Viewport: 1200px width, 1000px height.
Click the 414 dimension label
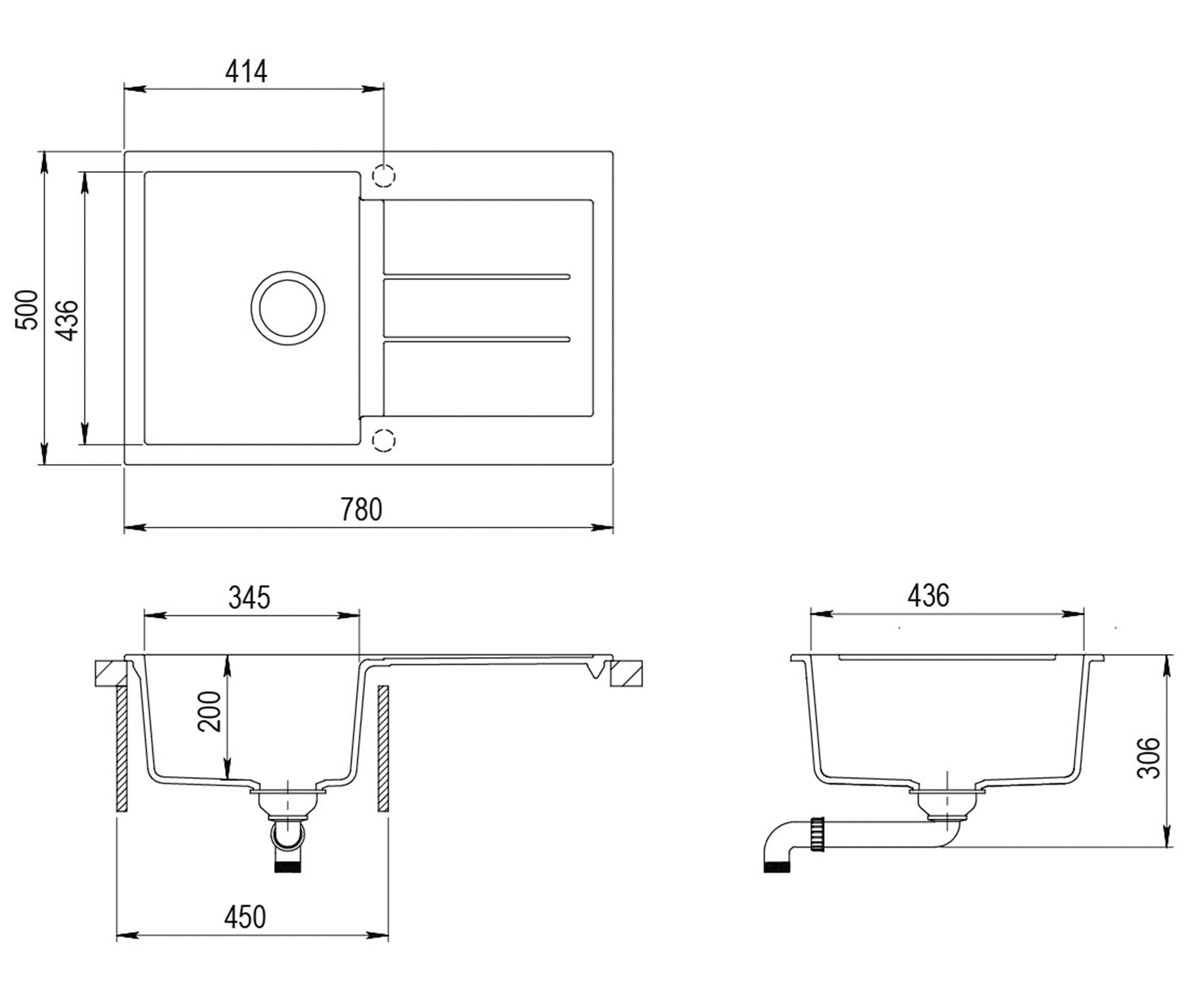click(246, 72)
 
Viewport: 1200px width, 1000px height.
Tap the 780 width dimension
click(361, 509)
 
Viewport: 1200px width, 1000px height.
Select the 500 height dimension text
click(26, 310)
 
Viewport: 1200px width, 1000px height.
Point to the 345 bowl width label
click(249, 598)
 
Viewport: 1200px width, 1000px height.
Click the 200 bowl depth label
click(209, 711)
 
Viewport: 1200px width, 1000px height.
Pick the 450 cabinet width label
click(245, 917)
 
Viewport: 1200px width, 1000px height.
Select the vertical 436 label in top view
click(68, 320)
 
